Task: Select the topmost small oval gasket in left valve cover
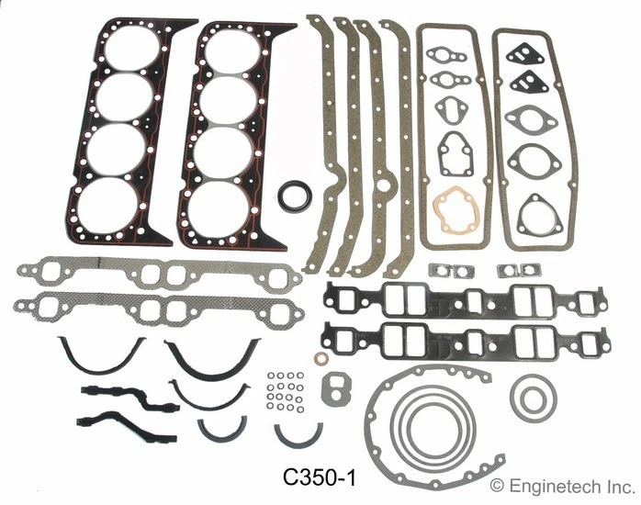pos(450,57)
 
